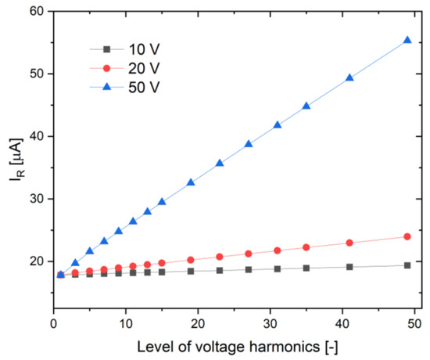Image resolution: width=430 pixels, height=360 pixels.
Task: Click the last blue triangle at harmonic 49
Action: (407, 40)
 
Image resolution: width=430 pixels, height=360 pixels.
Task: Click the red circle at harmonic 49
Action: (407, 236)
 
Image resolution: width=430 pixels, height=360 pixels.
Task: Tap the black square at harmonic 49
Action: (407, 265)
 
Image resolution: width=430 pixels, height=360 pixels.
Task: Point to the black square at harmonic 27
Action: (249, 269)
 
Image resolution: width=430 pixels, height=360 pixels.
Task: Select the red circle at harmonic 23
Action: (220, 257)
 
